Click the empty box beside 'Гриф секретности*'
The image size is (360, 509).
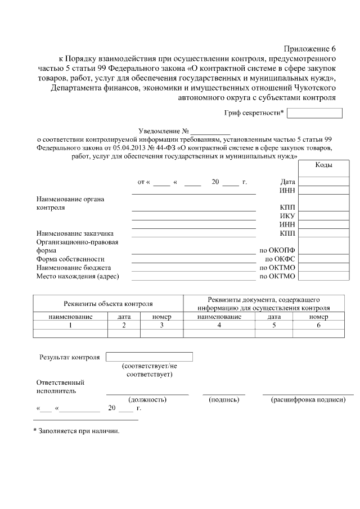pyautogui.click(x=314, y=113)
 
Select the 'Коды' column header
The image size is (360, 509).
pyautogui.click(x=323, y=165)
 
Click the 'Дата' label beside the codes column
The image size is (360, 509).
pyautogui.click(x=287, y=182)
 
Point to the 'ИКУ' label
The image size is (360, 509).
pyautogui.click(x=287, y=216)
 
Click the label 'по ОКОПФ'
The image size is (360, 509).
pyautogui.click(x=277, y=250)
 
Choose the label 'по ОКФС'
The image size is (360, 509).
pyautogui.click(x=280, y=259)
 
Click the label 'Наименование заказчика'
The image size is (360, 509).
pyautogui.click(x=75, y=233)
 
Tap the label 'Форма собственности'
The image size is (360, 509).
pyautogui.click(x=70, y=259)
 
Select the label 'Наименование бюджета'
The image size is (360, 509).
pyautogui.click(x=74, y=268)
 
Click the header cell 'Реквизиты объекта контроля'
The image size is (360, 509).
pyautogui.click(x=108, y=304)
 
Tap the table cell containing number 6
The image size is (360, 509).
pyautogui.click(x=318, y=325)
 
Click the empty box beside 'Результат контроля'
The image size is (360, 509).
pyautogui.click(x=149, y=357)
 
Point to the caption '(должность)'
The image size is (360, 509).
pyautogui.click(x=147, y=400)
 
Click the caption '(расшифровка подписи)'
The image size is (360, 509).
pyautogui.click(x=308, y=400)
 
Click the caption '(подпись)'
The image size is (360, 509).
pyautogui.click(x=224, y=400)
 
